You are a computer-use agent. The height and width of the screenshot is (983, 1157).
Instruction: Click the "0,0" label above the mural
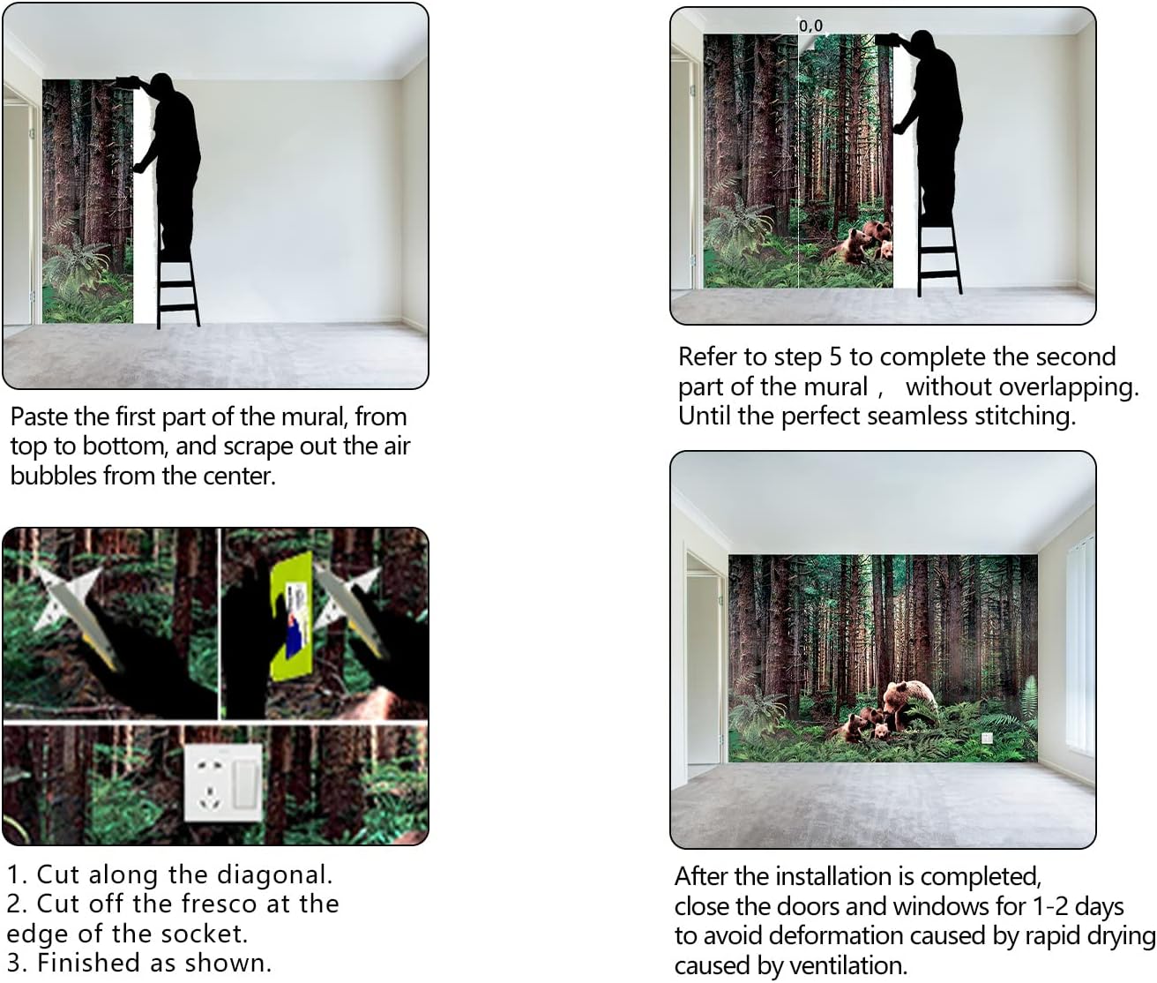(x=810, y=26)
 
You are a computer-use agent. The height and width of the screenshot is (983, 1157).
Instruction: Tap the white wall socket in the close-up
(x=223, y=782)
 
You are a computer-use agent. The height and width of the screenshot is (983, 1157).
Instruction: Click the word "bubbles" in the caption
(x=54, y=476)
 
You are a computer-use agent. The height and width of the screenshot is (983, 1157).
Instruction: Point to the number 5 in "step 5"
(x=835, y=357)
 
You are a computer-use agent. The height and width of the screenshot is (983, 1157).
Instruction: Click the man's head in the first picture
(x=161, y=84)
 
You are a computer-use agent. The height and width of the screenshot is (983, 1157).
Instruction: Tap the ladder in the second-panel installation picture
(x=939, y=254)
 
